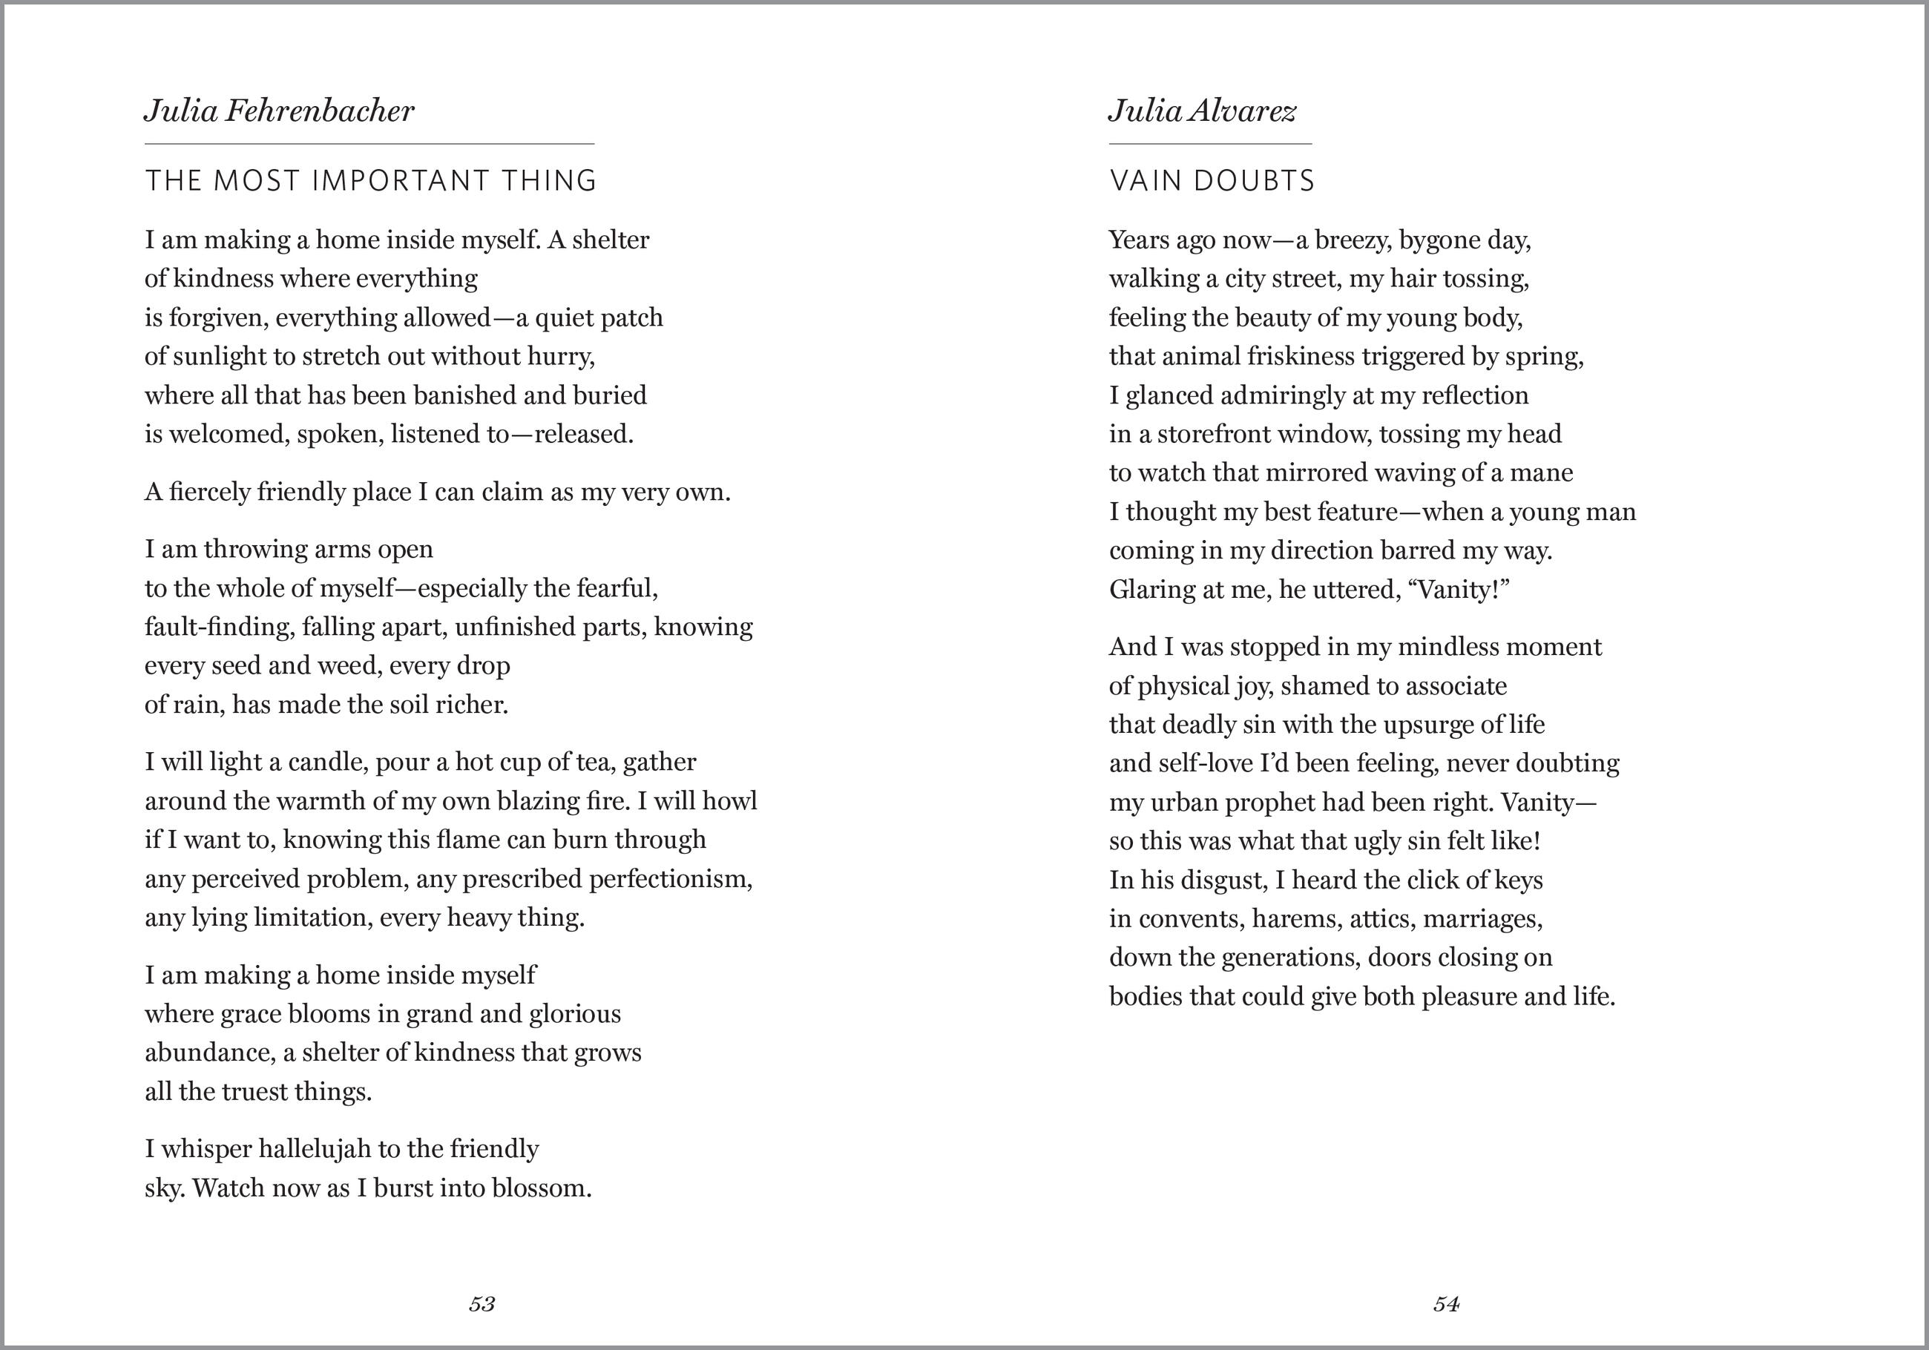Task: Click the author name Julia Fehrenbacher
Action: click(279, 111)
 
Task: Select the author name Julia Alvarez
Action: click(1202, 111)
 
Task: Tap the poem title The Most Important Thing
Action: click(370, 180)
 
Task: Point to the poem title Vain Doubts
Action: click(1212, 180)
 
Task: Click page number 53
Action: click(482, 1304)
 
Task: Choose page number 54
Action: click(1446, 1304)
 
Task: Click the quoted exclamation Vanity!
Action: click(1464, 589)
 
